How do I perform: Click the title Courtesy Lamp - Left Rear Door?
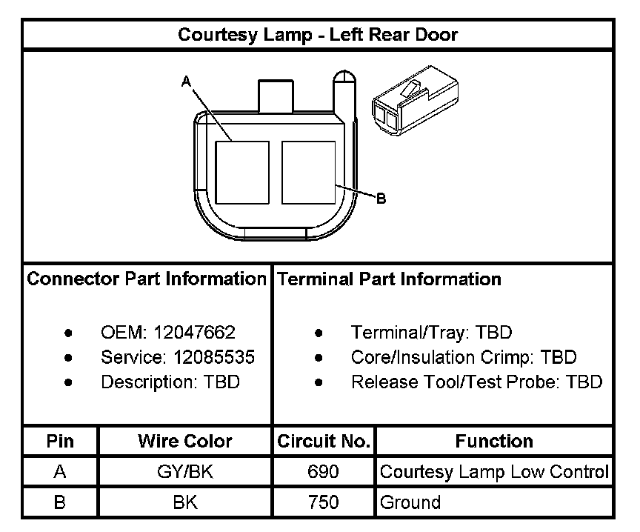(x=318, y=35)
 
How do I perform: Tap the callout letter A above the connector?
(x=187, y=82)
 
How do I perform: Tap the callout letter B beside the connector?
(x=381, y=198)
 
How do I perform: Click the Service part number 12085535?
(x=214, y=358)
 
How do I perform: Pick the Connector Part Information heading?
(x=147, y=279)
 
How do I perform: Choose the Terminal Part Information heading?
(x=389, y=279)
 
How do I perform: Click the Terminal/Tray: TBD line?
(x=431, y=333)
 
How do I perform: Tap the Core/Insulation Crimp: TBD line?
(x=464, y=358)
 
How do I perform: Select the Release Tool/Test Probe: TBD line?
(x=476, y=382)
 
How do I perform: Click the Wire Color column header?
(x=185, y=442)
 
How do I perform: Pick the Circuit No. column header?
(x=324, y=442)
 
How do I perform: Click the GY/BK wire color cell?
(x=185, y=472)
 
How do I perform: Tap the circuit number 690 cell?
(x=324, y=472)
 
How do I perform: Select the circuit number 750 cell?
(x=324, y=502)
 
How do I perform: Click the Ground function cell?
(x=410, y=502)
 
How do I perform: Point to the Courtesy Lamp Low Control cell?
(x=494, y=472)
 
